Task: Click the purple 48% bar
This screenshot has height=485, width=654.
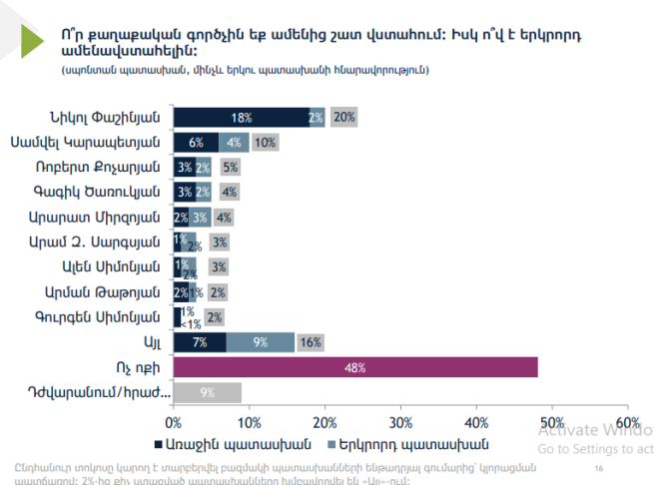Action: point(355,367)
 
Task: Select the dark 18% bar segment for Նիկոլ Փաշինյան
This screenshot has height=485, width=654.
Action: point(241,117)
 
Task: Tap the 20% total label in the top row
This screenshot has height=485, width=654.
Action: point(344,117)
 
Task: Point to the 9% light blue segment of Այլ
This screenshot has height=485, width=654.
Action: point(261,342)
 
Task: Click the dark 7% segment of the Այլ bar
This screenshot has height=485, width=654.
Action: point(200,342)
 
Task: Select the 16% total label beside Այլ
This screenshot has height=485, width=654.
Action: point(311,342)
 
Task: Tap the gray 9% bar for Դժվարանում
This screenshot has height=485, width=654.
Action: point(208,392)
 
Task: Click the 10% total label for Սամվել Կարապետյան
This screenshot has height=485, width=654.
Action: point(266,142)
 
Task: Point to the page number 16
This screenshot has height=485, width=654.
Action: point(599,468)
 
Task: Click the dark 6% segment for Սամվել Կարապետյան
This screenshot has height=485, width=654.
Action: point(196,142)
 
